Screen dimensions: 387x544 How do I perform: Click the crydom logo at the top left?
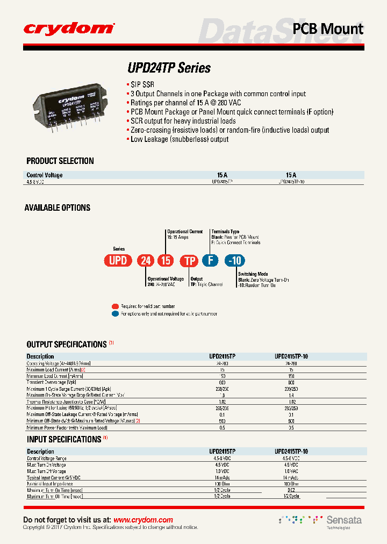69,28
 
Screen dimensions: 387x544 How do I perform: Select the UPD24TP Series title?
169,68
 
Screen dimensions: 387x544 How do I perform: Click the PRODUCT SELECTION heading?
60,161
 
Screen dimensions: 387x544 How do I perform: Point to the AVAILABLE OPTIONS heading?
58,207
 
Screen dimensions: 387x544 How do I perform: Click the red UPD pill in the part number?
118,261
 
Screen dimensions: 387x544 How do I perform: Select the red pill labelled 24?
145,261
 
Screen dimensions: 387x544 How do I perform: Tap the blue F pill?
210,261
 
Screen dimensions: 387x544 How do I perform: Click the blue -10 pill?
235,261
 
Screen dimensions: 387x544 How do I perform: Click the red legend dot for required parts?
115,306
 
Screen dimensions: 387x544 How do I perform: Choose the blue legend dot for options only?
115,313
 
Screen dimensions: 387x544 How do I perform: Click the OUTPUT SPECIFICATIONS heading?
67,345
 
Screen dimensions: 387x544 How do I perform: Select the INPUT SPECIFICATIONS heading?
64,439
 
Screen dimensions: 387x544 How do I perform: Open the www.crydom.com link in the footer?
144,520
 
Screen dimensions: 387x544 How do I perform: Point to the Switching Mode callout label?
253,274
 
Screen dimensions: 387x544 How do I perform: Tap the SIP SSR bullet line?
142,85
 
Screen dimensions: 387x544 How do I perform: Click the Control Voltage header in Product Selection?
45,175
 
